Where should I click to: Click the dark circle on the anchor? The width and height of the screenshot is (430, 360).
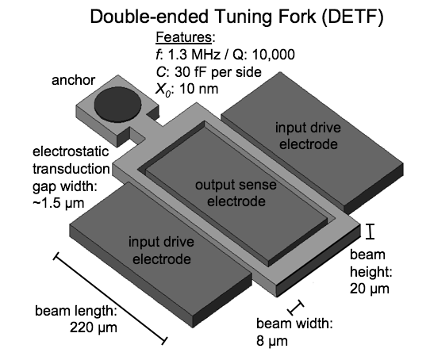click(x=113, y=104)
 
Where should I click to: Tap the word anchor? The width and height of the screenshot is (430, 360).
click(x=72, y=80)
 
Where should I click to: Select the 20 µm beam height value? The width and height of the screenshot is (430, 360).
click(x=367, y=289)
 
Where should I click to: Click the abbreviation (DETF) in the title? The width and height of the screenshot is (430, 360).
click(x=349, y=17)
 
